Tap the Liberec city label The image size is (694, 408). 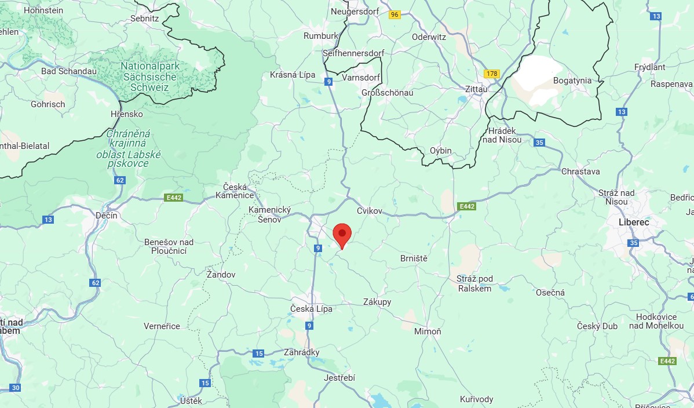[x=633, y=222]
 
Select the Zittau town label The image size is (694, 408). [x=477, y=89]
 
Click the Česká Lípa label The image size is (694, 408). [x=312, y=308]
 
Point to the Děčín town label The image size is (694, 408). [x=107, y=215]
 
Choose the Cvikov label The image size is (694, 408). [x=370, y=211]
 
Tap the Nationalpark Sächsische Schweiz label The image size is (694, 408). [x=150, y=76]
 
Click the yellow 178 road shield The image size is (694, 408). [x=492, y=74]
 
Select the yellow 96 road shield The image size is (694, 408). [x=395, y=15]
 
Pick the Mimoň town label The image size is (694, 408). [x=428, y=331]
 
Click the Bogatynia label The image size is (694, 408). [x=572, y=81]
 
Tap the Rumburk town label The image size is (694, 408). [x=321, y=36]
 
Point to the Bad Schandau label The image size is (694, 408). [x=69, y=71]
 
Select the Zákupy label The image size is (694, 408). [x=377, y=302]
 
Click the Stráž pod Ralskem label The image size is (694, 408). [x=474, y=283]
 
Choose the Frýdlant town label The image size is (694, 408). [x=650, y=67]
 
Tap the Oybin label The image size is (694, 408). [x=441, y=151]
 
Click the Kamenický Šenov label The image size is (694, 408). [x=269, y=214]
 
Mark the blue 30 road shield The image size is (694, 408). [x=16, y=388]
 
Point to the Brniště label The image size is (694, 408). [x=414, y=258]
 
